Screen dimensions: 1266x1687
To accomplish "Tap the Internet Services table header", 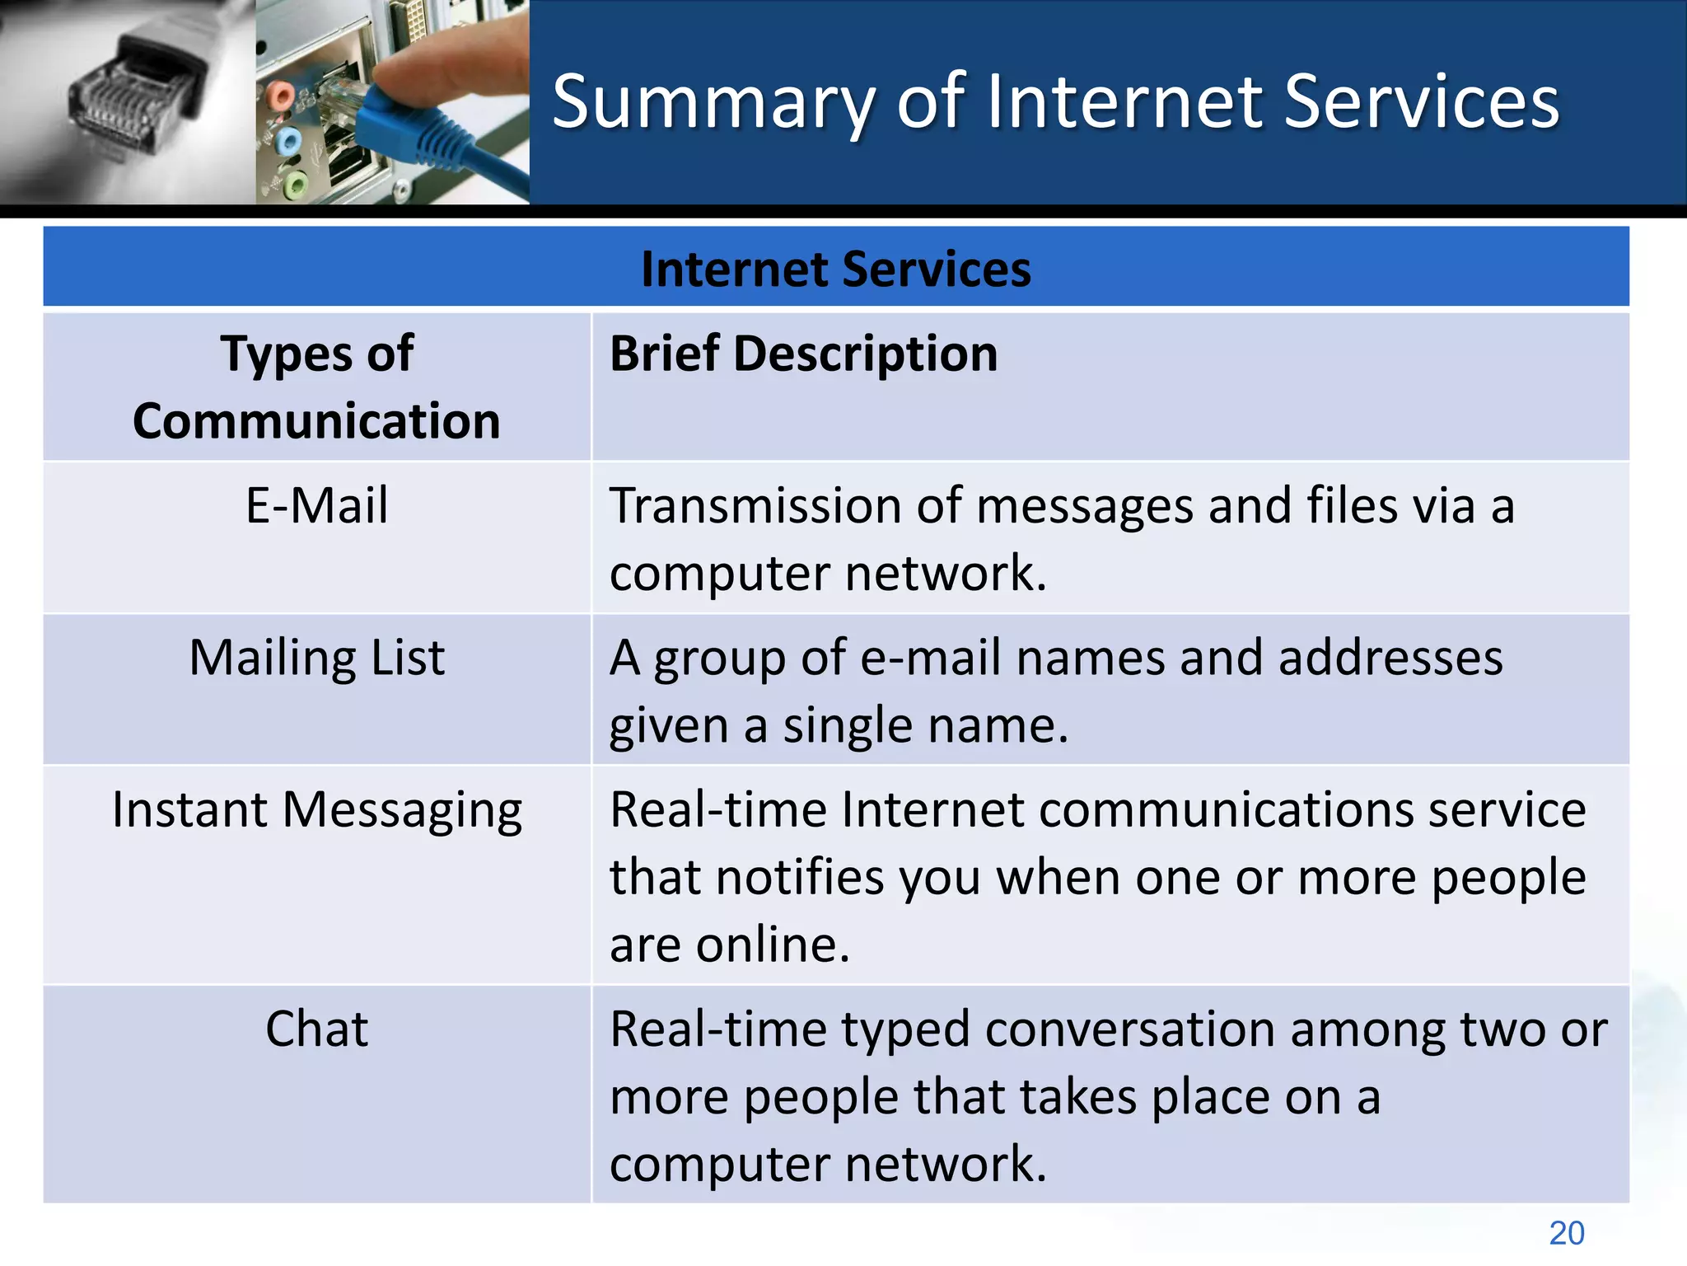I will click(835, 269).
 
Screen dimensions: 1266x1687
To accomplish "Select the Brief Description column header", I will click(803, 354).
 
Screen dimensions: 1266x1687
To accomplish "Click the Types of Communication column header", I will click(316, 387).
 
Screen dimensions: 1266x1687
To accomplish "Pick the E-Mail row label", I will click(316, 505).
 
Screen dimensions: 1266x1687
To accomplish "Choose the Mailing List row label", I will click(316, 658).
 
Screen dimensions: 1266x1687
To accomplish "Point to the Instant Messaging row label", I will click(316, 810).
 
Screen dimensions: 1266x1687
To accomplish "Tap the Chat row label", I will click(316, 1029).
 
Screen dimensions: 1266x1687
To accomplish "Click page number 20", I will click(1566, 1233).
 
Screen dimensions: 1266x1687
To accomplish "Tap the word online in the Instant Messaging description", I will click(772, 945).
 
